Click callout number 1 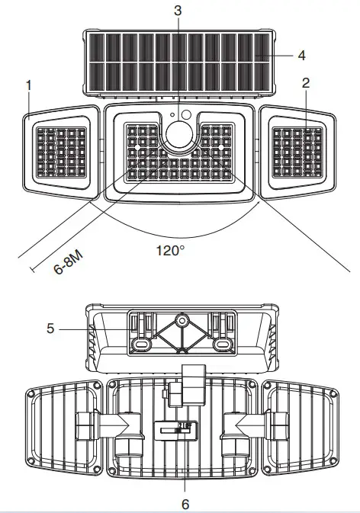29,85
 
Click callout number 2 306,83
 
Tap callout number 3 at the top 178,11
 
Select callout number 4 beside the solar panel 302,56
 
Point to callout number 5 50,328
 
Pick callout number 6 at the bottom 185,504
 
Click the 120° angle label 170,251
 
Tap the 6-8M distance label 69,263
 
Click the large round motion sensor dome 179,134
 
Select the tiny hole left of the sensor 172,115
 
